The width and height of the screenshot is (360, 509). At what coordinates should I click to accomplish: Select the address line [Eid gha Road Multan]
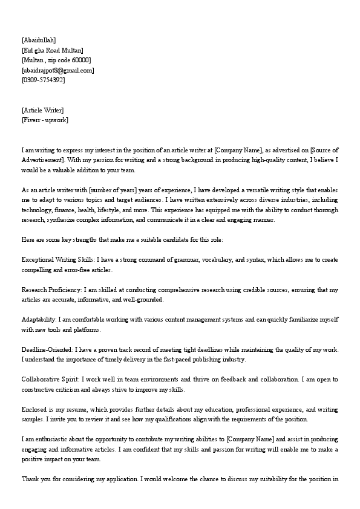pos(53,50)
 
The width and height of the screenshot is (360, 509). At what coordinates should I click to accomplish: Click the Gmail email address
pos(58,70)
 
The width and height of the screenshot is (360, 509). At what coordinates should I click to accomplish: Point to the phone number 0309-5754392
pos(43,80)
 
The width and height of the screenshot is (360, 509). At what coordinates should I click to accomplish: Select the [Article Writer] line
pos(42,110)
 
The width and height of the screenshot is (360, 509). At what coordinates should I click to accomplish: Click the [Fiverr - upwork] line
pos(45,120)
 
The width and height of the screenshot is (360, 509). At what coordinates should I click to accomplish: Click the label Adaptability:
pos(39,319)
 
